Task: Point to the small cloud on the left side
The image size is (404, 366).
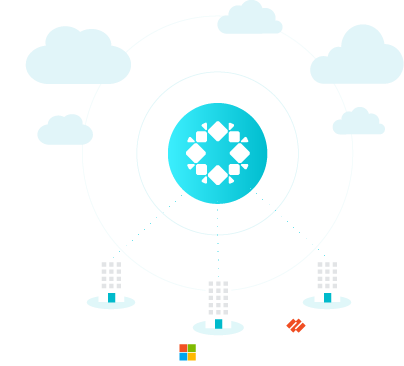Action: click(65, 131)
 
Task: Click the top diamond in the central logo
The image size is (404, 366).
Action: click(218, 131)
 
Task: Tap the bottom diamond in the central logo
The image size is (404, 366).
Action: click(218, 175)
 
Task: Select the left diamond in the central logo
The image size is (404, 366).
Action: click(196, 153)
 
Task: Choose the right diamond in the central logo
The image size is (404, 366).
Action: click(240, 153)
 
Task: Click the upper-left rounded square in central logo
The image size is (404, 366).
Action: click(202, 137)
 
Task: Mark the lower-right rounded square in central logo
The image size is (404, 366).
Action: click(234, 169)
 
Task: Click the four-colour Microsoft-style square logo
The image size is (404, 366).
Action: click(187, 352)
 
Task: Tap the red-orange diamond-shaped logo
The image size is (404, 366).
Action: click(296, 325)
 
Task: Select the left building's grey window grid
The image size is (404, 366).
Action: click(111, 275)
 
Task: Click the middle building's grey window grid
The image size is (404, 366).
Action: click(218, 298)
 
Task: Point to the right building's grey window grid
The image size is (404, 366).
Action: click(327, 275)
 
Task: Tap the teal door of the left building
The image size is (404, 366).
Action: click(111, 297)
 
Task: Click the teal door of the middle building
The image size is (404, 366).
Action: click(218, 323)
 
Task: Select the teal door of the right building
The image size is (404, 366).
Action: click(327, 297)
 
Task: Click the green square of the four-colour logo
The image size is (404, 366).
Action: click(191, 348)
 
